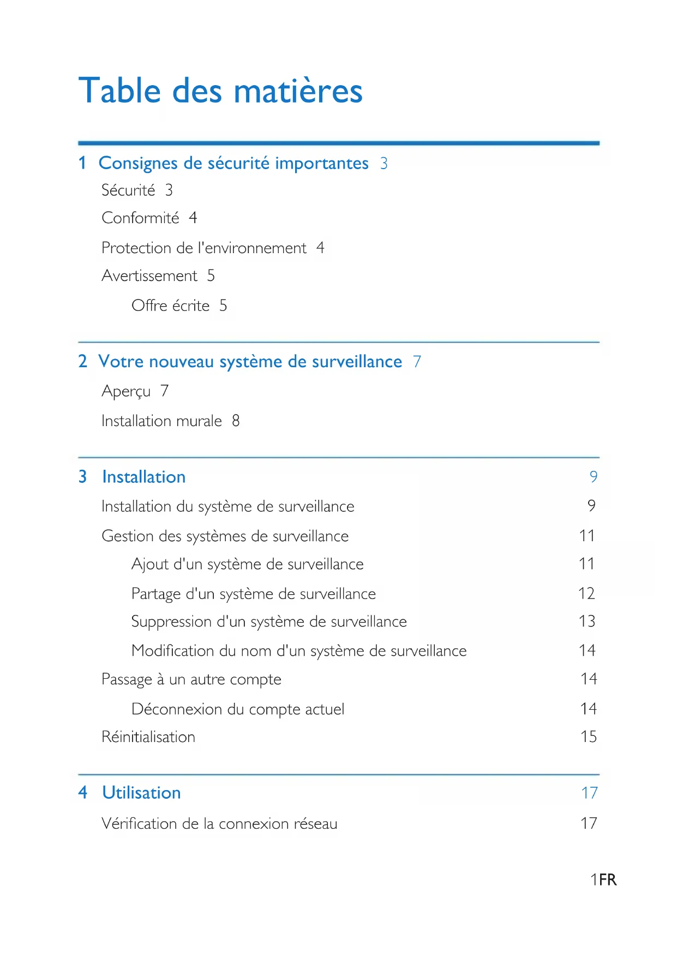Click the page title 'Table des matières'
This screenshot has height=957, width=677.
(220, 91)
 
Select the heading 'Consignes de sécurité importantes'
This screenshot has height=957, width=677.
(233, 163)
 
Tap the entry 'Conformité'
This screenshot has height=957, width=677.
(140, 218)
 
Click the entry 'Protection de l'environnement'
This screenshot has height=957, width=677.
(204, 248)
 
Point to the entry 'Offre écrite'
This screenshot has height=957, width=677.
(170, 306)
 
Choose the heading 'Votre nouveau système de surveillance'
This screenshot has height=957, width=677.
(250, 362)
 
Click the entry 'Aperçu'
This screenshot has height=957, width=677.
(126, 391)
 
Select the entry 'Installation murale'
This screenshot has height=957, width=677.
(161, 421)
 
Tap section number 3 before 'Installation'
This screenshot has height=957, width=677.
(82, 477)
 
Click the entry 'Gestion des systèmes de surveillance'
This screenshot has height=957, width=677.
(225, 536)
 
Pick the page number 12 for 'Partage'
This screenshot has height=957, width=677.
(586, 594)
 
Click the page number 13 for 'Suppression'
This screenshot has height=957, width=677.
(587, 621)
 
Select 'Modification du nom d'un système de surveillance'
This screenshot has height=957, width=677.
(299, 651)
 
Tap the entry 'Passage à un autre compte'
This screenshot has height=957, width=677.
(191, 680)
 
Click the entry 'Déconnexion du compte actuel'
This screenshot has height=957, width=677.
(238, 709)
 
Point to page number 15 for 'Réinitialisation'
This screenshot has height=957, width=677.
(589, 737)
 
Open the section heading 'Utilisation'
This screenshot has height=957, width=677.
(141, 793)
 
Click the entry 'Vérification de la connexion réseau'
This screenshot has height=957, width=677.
(219, 824)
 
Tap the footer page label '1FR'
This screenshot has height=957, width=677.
(603, 880)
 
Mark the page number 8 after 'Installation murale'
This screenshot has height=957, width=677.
(236, 421)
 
